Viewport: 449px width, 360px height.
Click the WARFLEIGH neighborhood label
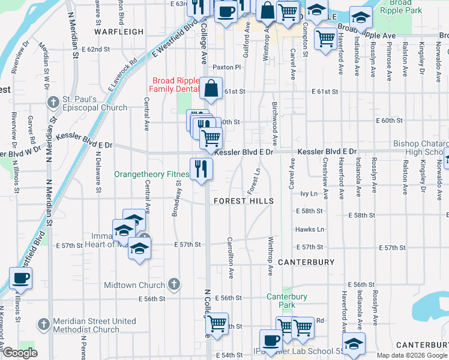click(119, 32)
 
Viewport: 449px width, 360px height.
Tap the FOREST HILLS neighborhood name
click(243, 201)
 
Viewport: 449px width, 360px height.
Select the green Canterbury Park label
click(287, 301)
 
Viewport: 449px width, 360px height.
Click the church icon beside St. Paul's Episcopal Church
click(53, 102)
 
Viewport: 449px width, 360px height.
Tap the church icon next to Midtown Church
click(174, 284)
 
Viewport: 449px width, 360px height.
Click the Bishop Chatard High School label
click(420, 148)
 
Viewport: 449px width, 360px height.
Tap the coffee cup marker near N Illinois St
click(20, 278)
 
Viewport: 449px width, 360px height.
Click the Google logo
click(20, 353)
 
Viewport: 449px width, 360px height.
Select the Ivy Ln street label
click(309, 194)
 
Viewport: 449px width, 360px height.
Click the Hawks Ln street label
click(309, 229)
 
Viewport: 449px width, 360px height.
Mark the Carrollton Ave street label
click(230, 257)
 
